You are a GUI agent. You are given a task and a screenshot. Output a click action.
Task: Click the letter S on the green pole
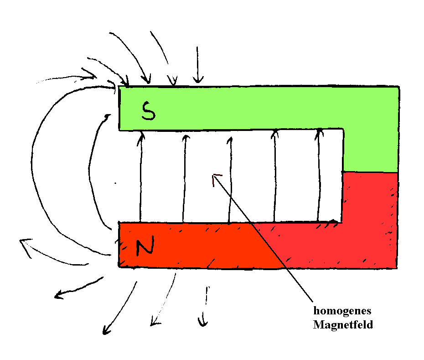pyautogui.click(x=148, y=111)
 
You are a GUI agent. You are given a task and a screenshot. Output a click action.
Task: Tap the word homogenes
pyautogui.click(x=342, y=311)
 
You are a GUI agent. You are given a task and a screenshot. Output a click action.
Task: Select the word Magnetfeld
pyautogui.click(x=343, y=325)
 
